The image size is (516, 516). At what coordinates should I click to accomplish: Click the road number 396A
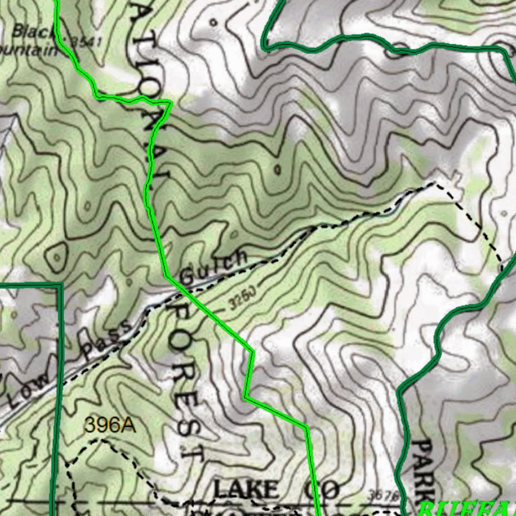[110, 425]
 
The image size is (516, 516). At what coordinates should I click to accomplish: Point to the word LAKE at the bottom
[246, 489]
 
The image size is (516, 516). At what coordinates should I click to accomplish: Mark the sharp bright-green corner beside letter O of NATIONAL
[171, 103]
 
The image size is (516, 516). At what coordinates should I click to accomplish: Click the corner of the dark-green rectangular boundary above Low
[60, 285]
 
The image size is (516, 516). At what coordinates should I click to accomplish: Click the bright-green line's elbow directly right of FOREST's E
[245, 397]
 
